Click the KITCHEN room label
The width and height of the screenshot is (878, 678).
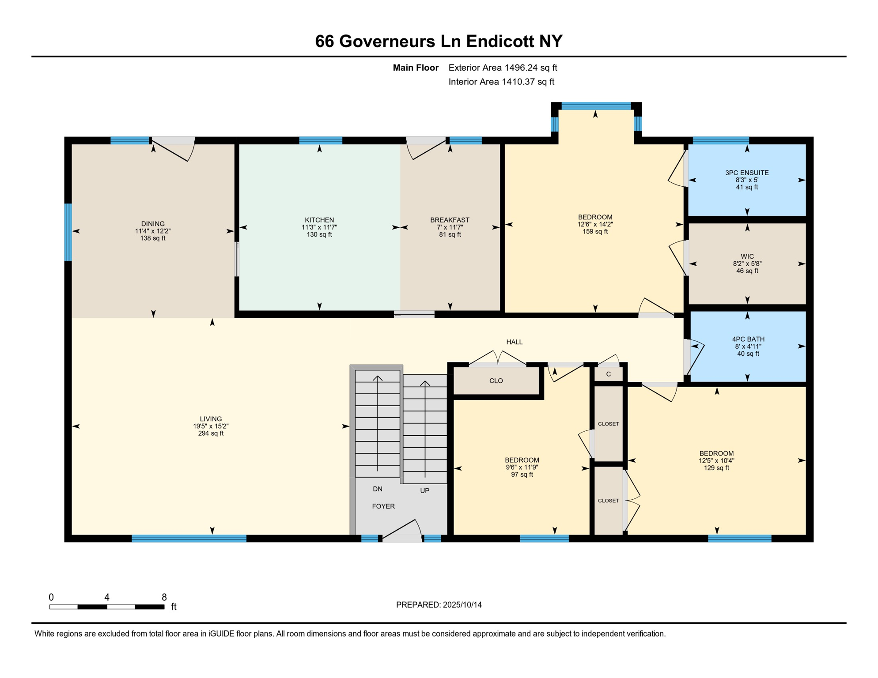tap(319, 220)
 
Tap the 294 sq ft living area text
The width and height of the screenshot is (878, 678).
tap(211, 433)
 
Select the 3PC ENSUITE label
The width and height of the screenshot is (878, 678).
tap(747, 173)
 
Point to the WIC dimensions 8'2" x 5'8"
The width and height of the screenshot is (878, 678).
tap(747, 264)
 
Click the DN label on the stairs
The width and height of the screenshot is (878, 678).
tap(377, 489)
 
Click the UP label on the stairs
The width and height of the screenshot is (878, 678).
tap(424, 490)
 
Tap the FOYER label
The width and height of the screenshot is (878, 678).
tap(383, 506)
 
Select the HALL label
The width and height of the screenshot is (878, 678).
tap(514, 342)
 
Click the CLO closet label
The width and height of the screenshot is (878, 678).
tap(496, 380)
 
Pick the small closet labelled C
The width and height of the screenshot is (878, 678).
tap(608, 374)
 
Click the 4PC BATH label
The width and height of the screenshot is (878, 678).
tap(748, 339)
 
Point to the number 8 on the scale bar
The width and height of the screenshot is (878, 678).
tap(164, 597)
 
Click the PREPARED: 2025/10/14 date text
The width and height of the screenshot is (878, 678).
tap(439, 605)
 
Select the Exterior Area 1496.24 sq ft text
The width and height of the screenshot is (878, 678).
tap(502, 68)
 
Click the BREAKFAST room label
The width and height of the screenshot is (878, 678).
tap(450, 220)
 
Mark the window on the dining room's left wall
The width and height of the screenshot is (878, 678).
tap(68, 232)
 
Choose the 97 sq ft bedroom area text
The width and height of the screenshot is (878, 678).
tap(522, 475)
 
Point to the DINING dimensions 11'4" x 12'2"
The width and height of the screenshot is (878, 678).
tap(153, 231)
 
